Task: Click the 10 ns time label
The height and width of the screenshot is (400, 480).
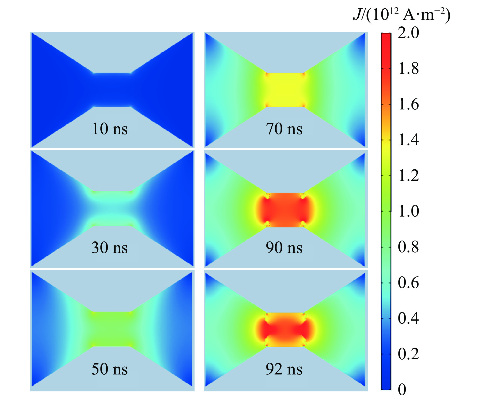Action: point(110,129)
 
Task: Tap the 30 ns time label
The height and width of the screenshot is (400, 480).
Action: point(110,248)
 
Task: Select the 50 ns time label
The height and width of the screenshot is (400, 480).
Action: point(110,369)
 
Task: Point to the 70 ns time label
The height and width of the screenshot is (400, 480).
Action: point(284,129)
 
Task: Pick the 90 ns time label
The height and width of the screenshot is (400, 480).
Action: point(284,248)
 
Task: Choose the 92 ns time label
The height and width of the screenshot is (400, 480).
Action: point(284,369)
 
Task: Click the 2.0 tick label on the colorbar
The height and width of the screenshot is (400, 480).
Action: point(408,33)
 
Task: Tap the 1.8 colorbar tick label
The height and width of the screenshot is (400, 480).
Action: point(408,69)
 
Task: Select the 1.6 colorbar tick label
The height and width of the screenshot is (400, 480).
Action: point(408,104)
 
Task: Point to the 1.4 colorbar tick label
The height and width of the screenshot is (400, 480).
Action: point(408,140)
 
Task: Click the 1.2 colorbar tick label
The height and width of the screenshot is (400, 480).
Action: point(408,175)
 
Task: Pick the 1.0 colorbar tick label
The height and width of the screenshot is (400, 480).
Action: point(408,211)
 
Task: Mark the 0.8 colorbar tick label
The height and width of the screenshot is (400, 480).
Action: point(408,247)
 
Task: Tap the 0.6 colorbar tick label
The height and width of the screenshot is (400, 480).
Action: point(408,282)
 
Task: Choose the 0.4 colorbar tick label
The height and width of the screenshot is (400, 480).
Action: point(408,318)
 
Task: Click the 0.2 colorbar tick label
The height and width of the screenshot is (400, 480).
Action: point(408,354)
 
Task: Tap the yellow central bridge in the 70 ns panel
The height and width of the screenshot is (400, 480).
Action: point(285,90)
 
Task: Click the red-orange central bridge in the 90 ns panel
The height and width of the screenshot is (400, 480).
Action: point(285,210)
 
